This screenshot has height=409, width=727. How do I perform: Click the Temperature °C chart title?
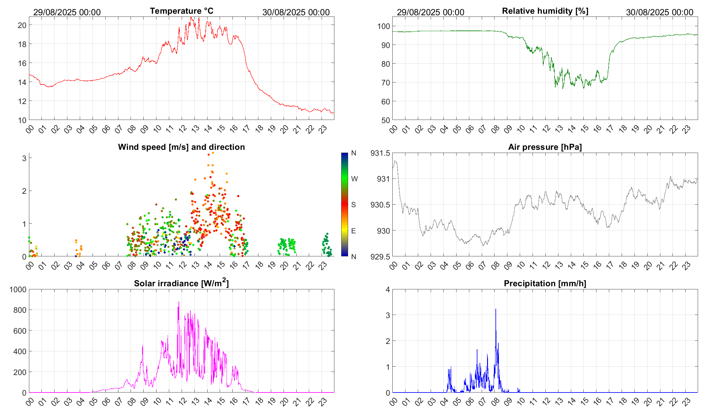(182, 11)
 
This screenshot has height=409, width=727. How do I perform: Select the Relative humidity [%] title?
(545, 11)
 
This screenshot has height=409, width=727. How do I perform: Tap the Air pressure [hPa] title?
(545, 147)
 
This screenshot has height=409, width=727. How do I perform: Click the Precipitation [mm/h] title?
(545, 283)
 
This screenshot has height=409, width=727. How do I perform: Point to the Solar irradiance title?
(181, 283)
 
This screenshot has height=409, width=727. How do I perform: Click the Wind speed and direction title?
(181, 147)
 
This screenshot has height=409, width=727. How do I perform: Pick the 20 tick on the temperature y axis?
(22, 25)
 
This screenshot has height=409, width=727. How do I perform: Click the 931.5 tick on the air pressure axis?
(380, 153)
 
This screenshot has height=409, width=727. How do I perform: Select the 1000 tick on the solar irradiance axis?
(18, 289)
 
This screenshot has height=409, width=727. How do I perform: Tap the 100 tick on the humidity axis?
(384, 26)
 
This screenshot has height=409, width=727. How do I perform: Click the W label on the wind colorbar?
(354, 179)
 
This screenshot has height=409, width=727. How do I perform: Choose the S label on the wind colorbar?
(353, 205)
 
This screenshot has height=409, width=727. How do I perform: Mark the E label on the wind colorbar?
(353, 231)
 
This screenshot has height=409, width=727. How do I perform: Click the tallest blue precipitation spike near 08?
(495, 310)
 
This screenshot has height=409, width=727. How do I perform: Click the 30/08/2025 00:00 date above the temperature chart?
(296, 12)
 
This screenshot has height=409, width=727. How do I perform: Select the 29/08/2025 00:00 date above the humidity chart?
(430, 12)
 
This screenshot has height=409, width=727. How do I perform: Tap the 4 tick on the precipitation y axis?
(388, 289)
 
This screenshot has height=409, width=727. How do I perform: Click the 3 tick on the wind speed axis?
(24, 158)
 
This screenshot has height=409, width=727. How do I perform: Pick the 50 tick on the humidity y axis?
(385, 120)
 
